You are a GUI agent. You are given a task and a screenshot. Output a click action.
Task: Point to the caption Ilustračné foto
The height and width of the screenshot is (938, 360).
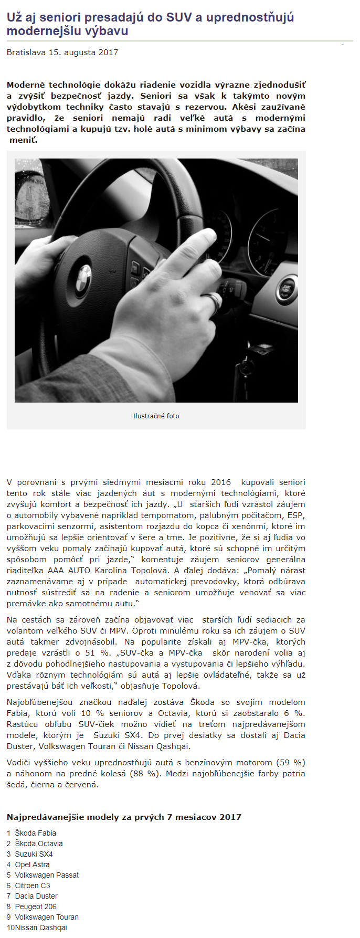tap(156, 416)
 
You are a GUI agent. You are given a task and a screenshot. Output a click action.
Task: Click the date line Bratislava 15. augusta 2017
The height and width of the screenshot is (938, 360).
tap(62, 52)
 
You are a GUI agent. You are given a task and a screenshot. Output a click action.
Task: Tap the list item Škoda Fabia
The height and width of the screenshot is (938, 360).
tap(35, 833)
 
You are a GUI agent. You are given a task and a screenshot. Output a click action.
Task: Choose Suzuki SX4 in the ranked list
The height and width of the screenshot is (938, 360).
tap(34, 854)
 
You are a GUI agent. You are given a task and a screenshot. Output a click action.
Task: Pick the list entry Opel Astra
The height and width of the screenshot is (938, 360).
tap(32, 865)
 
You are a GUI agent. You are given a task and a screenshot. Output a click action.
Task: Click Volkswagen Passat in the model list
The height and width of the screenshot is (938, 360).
tap(47, 875)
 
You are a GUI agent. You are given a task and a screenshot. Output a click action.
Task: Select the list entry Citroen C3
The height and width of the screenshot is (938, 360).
tap(33, 886)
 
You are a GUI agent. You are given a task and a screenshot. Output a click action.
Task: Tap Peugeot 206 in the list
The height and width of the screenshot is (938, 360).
tap(36, 907)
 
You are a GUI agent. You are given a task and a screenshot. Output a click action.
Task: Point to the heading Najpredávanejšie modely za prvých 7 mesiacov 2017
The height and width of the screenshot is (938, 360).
tap(124, 817)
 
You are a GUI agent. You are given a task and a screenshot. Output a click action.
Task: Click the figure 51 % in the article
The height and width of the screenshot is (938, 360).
tap(93, 652)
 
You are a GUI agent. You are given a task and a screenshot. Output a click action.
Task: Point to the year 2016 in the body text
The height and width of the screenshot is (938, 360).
tap(220, 482)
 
